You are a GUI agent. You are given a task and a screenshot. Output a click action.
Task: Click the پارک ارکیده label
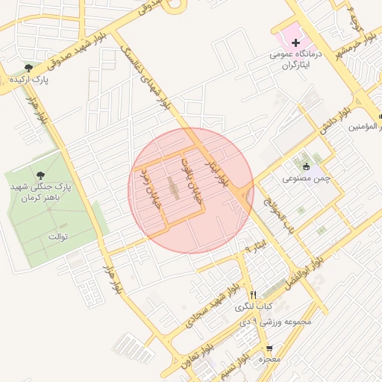[x=29, y=78]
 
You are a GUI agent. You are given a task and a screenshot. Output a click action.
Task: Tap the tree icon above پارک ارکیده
[x=28, y=68]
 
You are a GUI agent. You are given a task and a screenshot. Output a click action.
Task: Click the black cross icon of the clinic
[x=295, y=44]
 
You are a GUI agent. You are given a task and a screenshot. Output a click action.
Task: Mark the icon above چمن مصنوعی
[x=305, y=166]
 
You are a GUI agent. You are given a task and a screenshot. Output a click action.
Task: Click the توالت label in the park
[x=58, y=237]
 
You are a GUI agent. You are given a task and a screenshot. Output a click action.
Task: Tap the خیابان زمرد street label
[x=152, y=187]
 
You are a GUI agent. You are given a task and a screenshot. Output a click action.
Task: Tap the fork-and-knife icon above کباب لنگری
[x=254, y=295]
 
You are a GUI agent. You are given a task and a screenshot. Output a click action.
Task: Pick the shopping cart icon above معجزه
[x=269, y=348]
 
